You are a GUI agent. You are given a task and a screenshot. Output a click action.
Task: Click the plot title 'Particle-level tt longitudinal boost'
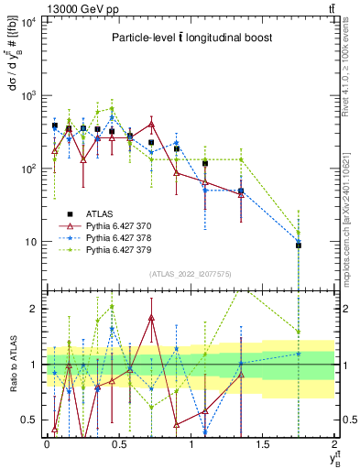tap(187, 38)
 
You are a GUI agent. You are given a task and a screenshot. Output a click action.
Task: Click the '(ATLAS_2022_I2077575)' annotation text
tap(191, 274)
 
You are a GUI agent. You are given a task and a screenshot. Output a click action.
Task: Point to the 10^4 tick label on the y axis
tap(27, 22)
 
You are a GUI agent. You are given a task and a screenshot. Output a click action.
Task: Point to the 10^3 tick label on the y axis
tap(27, 95)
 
